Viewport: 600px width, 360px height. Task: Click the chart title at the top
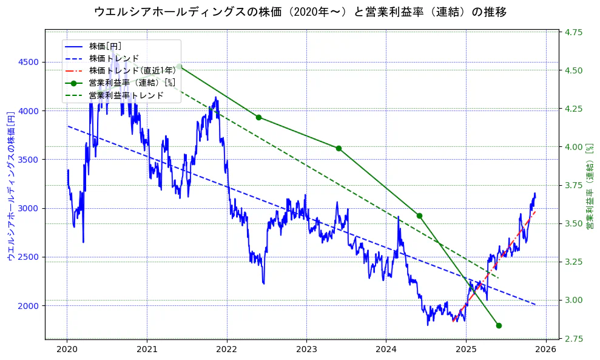pyautogui.click(x=300, y=12)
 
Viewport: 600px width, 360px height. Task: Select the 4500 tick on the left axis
pyautogui.click(x=29, y=62)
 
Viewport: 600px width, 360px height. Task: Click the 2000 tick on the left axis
pyautogui.click(x=29, y=305)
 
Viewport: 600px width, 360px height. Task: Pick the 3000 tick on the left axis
pyautogui.click(x=29, y=208)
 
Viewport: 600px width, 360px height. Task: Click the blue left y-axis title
pyautogui.click(x=10, y=185)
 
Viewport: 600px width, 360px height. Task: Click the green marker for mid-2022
pyautogui.click(x=258, y=117)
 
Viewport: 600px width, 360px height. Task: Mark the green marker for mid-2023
pyautogui.click(x=339, y=148)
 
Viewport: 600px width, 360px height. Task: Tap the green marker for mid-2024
pyautogui.click(x=419, y=216)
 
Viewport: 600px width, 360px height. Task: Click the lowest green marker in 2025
pyautogui.click(x=499, y=325)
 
